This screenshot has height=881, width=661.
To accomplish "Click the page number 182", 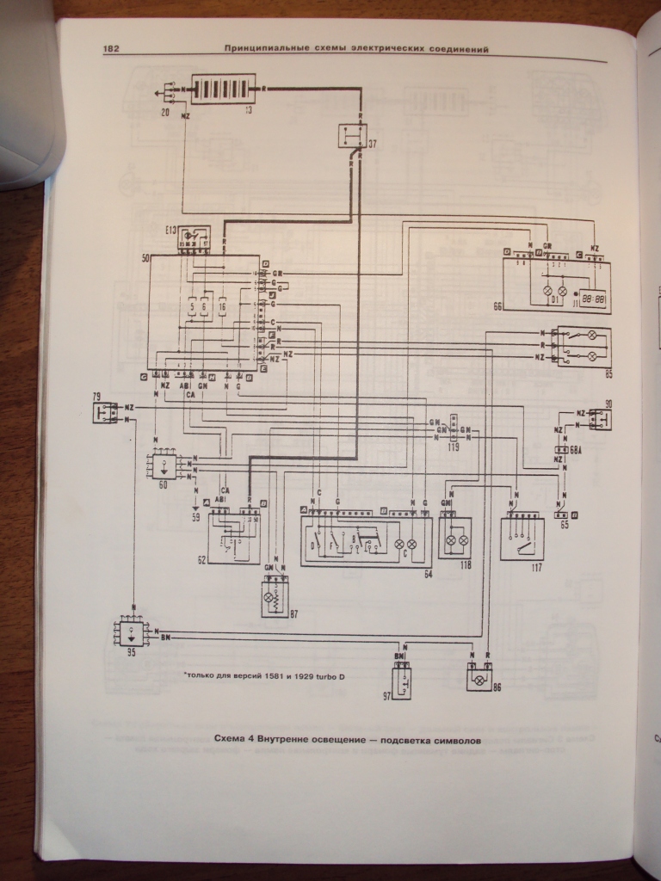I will pos(111,49).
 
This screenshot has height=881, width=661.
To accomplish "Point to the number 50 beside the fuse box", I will pos(145,257).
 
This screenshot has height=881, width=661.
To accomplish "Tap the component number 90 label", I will pos(608,404).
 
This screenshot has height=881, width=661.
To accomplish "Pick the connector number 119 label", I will pos(453,447).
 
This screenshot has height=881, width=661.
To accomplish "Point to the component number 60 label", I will pos(164,486).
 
